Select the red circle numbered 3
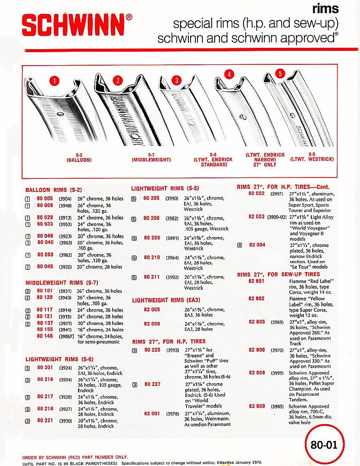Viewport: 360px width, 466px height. pyautogui.click(x=176, y=80)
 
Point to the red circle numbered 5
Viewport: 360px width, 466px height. pyautogui.click(x=280, y=74)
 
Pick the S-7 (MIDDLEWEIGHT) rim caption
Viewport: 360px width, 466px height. pyautogui.click(x=151, y=157)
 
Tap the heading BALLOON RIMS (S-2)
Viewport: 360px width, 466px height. pyautogui.click(x=53, y=189)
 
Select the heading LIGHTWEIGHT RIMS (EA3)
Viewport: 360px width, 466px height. pyautogui.click(x=166, y=299)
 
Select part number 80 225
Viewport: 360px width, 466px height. pyautogui.click(x=151, y=350)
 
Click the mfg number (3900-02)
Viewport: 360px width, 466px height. pyautogui.click(x=277, y=217)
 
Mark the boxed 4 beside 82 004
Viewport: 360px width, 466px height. pyautogui.click(x=239, y=246)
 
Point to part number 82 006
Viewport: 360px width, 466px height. pyautogui.click(x=151, y=324)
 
